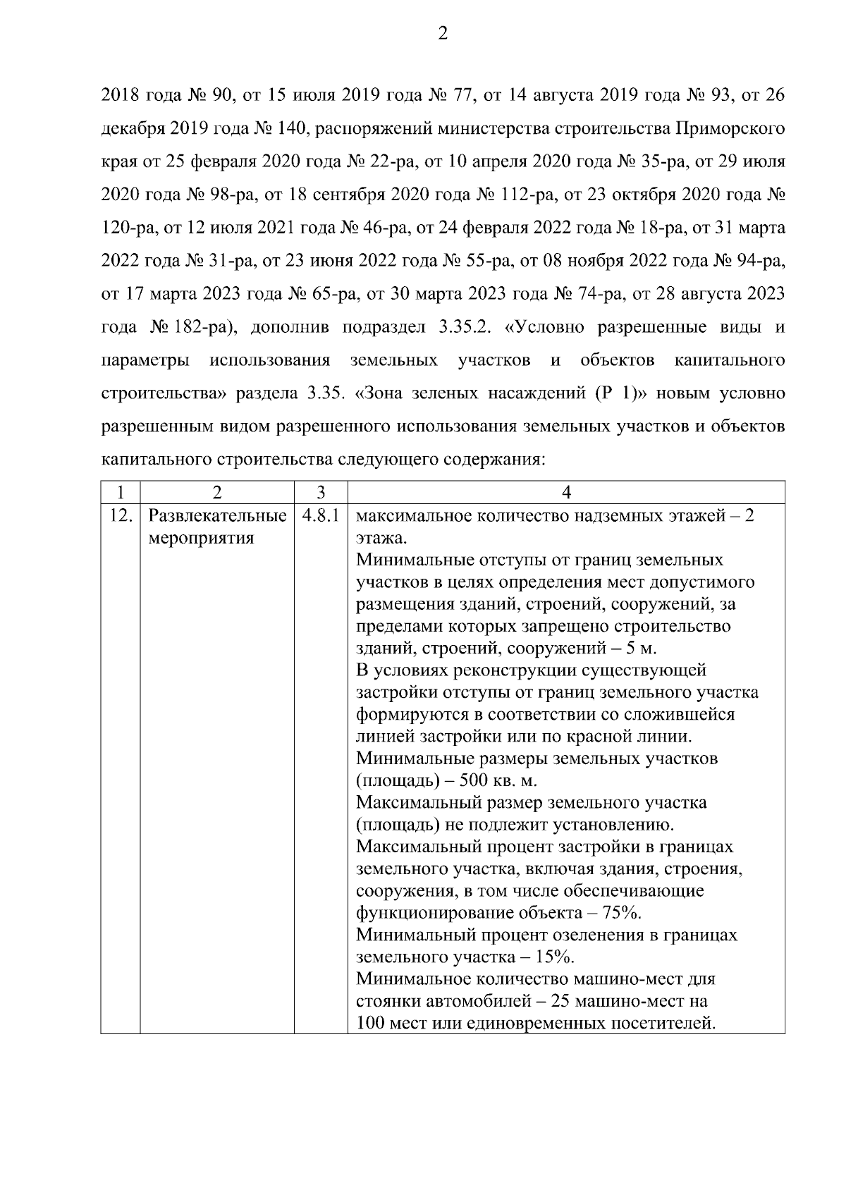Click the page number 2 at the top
click(x=443, y=34)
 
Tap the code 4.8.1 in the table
click(x=320, y=516)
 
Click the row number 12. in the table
click(x=121, y=516)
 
